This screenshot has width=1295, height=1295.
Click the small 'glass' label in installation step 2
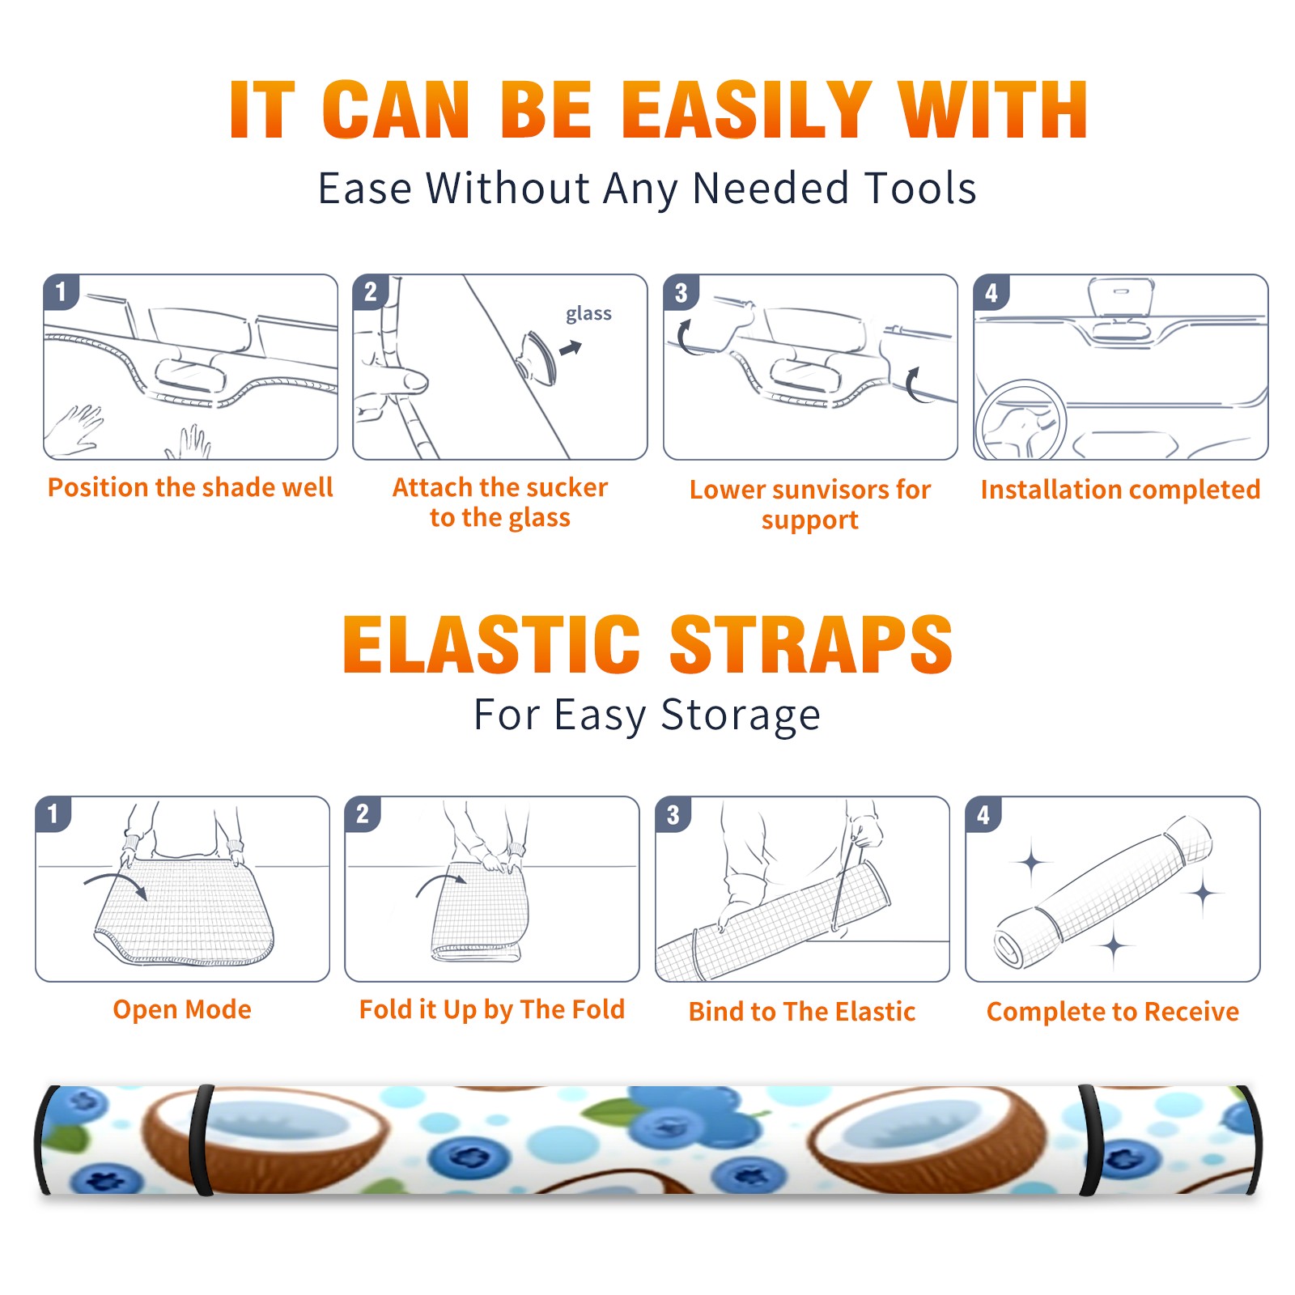[588, 314]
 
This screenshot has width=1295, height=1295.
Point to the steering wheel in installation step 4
[1021, 420]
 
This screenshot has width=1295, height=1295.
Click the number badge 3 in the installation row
[681, 292]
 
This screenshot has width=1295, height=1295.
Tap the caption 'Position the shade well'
[190, 487]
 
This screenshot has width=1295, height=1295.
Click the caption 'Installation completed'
[1120, 490]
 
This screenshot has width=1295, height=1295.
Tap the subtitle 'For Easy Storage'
[647, 715]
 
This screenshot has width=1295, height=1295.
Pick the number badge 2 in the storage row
[362, 813]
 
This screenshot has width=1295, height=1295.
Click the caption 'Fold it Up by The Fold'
[492, 1009]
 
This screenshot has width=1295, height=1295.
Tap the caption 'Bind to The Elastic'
[802, 1012]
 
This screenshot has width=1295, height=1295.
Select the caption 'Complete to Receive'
[1113, 1012]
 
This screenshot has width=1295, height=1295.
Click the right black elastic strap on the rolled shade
[1090, 1141]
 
